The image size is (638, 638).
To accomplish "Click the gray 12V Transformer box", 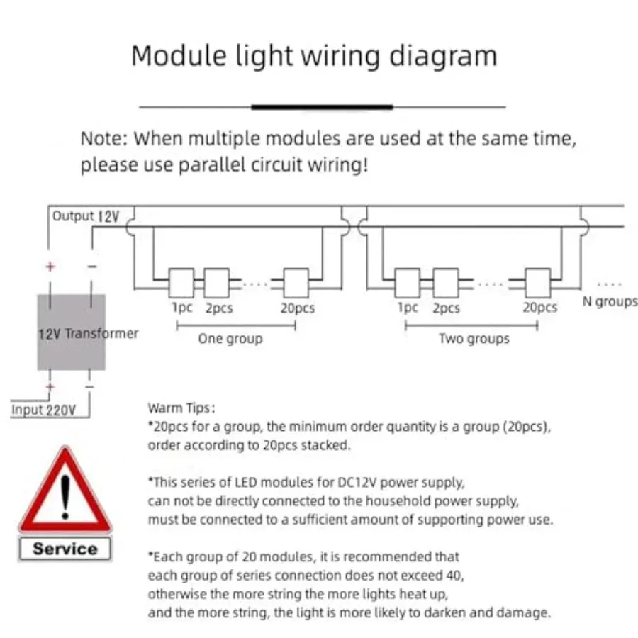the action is click(x=72, y=332).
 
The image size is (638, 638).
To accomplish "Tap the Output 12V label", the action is click(x=86, y=216).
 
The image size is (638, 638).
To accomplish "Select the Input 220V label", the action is click(x=43, y=410).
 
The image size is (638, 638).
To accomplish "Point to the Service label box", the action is click(x=65, y=549).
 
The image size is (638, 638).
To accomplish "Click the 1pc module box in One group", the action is click(x=181, y=283).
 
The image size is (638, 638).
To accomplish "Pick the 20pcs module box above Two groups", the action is click(x=538, y=283).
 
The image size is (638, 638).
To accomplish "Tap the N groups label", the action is click(x=610, y=301).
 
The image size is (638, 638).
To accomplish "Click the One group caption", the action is click(x=230, y=339).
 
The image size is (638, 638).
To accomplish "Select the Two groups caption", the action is click(x=474, y=339).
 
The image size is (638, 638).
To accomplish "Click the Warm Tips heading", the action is click(x=181, y=408).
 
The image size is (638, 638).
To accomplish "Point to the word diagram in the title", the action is click(x=443, y=56).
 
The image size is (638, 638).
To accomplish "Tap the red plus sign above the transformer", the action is click(x=50, y=267).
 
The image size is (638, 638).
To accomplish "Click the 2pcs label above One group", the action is click(x=219, y=308).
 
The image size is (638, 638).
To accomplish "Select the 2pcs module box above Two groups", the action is click(x=446, y=283).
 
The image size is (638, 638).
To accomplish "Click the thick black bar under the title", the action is click(x=322, y=107).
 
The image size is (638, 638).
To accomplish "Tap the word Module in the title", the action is click(x=179, y=55).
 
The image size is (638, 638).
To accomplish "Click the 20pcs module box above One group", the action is click(x=296, y=283).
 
